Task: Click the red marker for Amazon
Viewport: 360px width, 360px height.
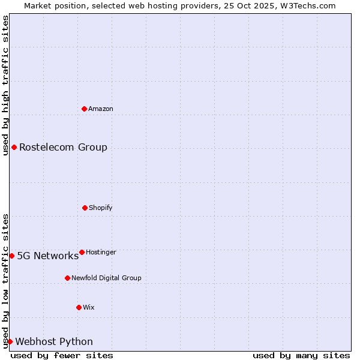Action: click(x=85, y=109)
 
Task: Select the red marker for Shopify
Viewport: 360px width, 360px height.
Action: click(x=85, y=208)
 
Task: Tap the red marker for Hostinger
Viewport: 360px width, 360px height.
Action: click(x=82, y=252)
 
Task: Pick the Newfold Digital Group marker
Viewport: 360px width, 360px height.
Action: click(x=67, y=278)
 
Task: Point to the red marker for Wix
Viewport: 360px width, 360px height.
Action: click(x=79, y=307)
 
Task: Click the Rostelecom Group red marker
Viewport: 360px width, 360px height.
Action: click(x=14, y=147)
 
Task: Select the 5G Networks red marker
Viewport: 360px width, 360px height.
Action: click(x=11, y=256)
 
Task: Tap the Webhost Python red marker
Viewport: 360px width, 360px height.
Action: click(x=10, y=341)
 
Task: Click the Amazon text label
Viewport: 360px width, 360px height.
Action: click(x=101, y=109)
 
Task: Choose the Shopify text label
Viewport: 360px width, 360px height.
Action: click(x=101, y=208)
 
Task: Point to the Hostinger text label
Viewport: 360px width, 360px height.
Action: click(x=101, y=252)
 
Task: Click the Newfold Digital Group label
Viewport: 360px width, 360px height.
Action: click(x=106, y=278)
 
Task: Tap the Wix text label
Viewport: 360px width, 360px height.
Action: click(x=89, y=307)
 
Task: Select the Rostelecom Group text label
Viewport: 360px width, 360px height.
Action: click(x=63, y=147)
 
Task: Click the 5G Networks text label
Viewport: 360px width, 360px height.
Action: click(x=47, y=256)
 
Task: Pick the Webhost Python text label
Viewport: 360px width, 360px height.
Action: click(x=54, y=341)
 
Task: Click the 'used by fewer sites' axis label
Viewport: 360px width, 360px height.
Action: click(x=62, y=355)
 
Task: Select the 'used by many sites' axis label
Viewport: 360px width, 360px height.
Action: click(x=301, y=355)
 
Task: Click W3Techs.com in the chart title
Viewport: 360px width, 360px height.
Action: click(x=307, y=5)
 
